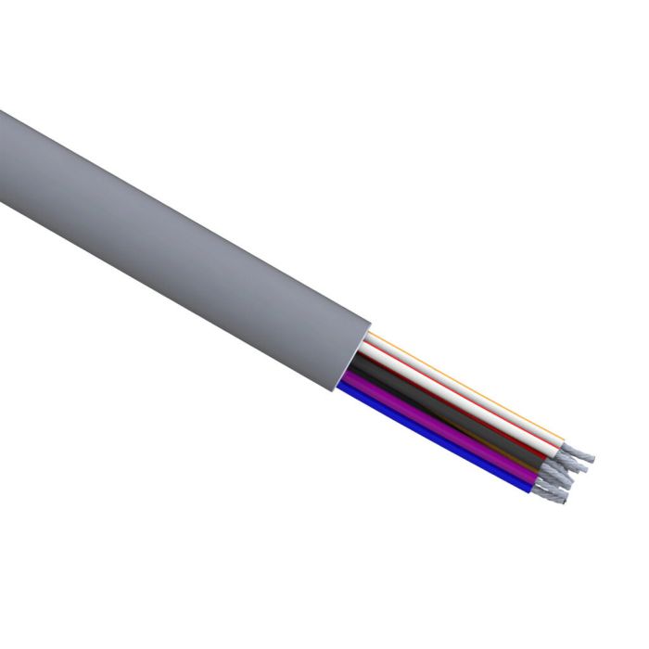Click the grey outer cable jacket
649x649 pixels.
185,232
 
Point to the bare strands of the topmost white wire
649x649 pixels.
579,453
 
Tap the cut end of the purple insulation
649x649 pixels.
533,477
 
